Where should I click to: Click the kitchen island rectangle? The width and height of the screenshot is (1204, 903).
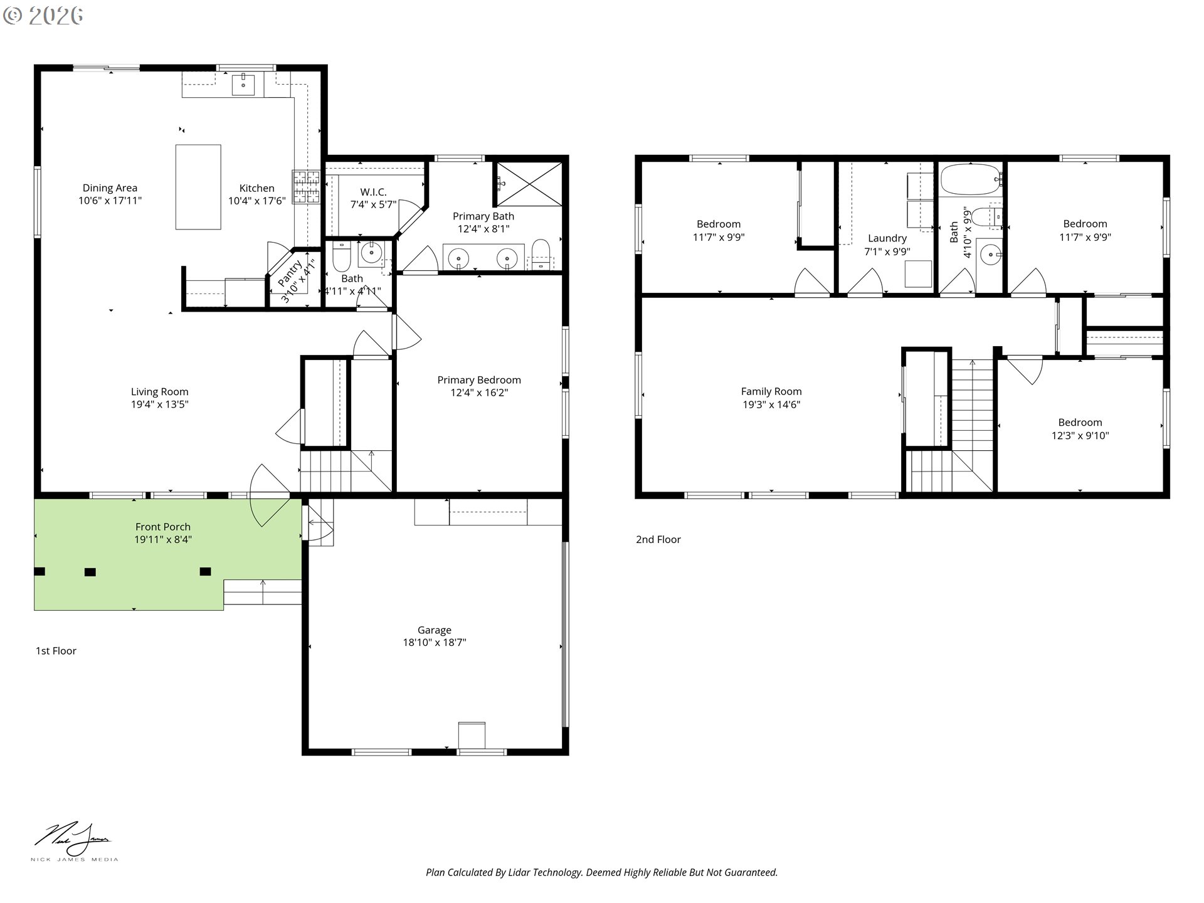[198, 187]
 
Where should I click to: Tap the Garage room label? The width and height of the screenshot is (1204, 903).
[434, 630]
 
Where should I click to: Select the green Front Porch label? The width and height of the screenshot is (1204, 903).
[163, 527]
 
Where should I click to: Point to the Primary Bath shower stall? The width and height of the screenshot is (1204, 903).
[529, 183]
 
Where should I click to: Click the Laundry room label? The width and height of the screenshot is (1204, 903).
[887, 238]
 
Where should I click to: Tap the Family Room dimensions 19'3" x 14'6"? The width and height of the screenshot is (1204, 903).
[771, 405]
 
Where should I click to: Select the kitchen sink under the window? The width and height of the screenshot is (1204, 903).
[243, 84]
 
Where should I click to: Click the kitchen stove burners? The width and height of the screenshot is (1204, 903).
[306, 187]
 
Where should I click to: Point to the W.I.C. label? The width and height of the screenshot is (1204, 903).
[373, 192]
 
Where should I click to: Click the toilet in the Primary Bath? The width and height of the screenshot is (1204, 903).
[540, 253]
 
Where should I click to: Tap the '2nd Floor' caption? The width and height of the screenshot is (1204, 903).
[658, 539]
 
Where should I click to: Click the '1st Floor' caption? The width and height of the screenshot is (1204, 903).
[56, 651]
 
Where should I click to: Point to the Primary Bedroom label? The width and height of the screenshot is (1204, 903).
[479, 380]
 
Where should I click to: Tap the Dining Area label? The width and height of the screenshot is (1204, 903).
[110, 188]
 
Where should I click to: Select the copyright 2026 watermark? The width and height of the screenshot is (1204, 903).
[43, 15]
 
